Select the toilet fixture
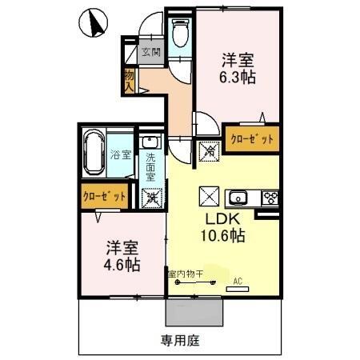click(x=180, y=34)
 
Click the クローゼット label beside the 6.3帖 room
click(x=252, y=138)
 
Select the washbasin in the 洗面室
click(x=150, y=143)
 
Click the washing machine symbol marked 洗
click(x=150, y=198)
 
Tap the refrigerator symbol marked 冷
click(x=207, y=148)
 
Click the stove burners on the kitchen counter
click(x=270, y=198)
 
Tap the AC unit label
click(x=238, y=281)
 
